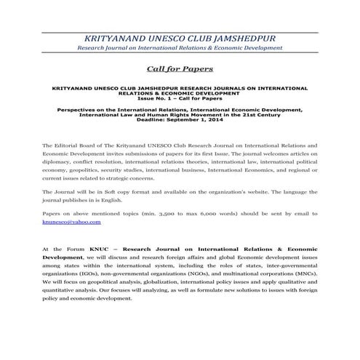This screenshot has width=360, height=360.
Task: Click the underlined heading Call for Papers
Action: [180, 69]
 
